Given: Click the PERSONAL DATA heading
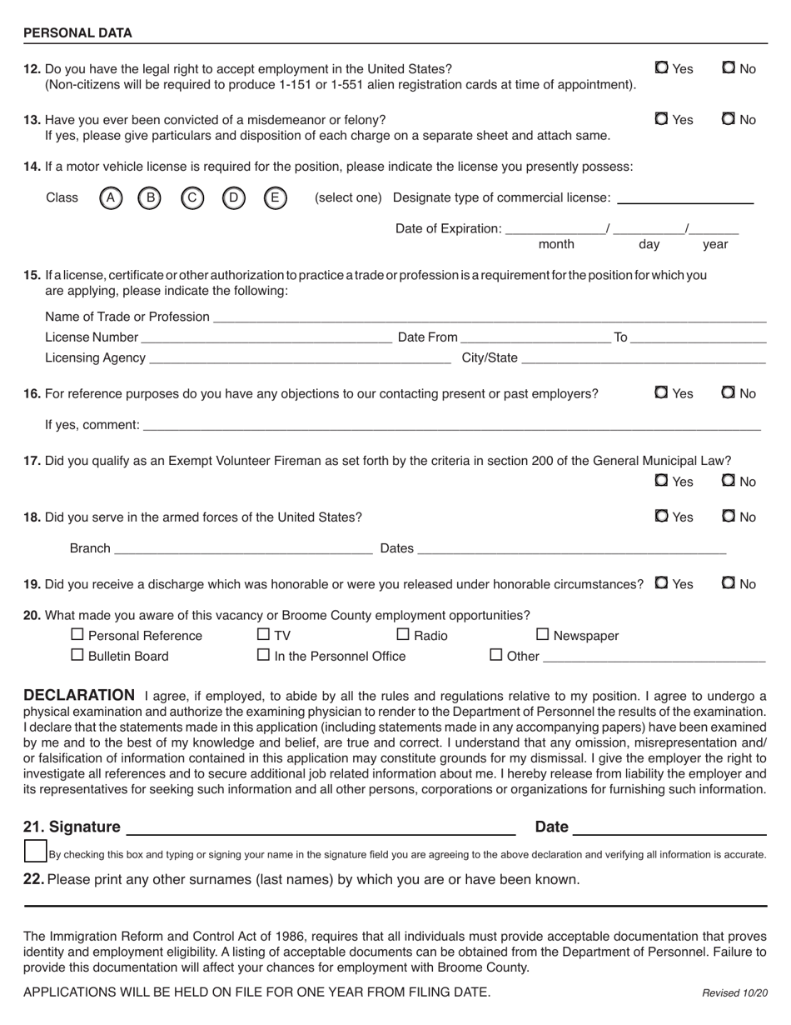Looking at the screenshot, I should (77, 33).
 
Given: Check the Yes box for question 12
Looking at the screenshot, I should (662, 68).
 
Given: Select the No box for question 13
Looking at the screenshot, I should (729, 119).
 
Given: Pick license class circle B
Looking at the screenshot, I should (149, 198).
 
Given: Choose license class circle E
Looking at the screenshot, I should (276, 198).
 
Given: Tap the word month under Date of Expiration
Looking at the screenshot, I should (556, 244).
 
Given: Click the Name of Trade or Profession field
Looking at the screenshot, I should (489, 317).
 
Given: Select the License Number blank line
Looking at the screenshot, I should (266, 337).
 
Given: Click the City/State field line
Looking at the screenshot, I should (643, 358).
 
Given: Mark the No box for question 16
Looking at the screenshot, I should (729, 392).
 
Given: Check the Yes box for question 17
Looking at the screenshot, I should (662, 481).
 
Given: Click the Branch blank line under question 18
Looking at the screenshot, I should (243, 547).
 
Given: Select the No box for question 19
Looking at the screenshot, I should (729, 583).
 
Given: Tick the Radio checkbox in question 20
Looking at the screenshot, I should (403, 634).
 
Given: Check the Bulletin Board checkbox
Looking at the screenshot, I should (77, 655).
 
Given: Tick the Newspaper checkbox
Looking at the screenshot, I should (543, 634).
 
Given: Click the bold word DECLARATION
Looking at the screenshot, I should (79, 695).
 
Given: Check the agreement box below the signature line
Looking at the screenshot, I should (35, 852).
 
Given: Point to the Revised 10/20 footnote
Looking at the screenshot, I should (734, 992).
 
